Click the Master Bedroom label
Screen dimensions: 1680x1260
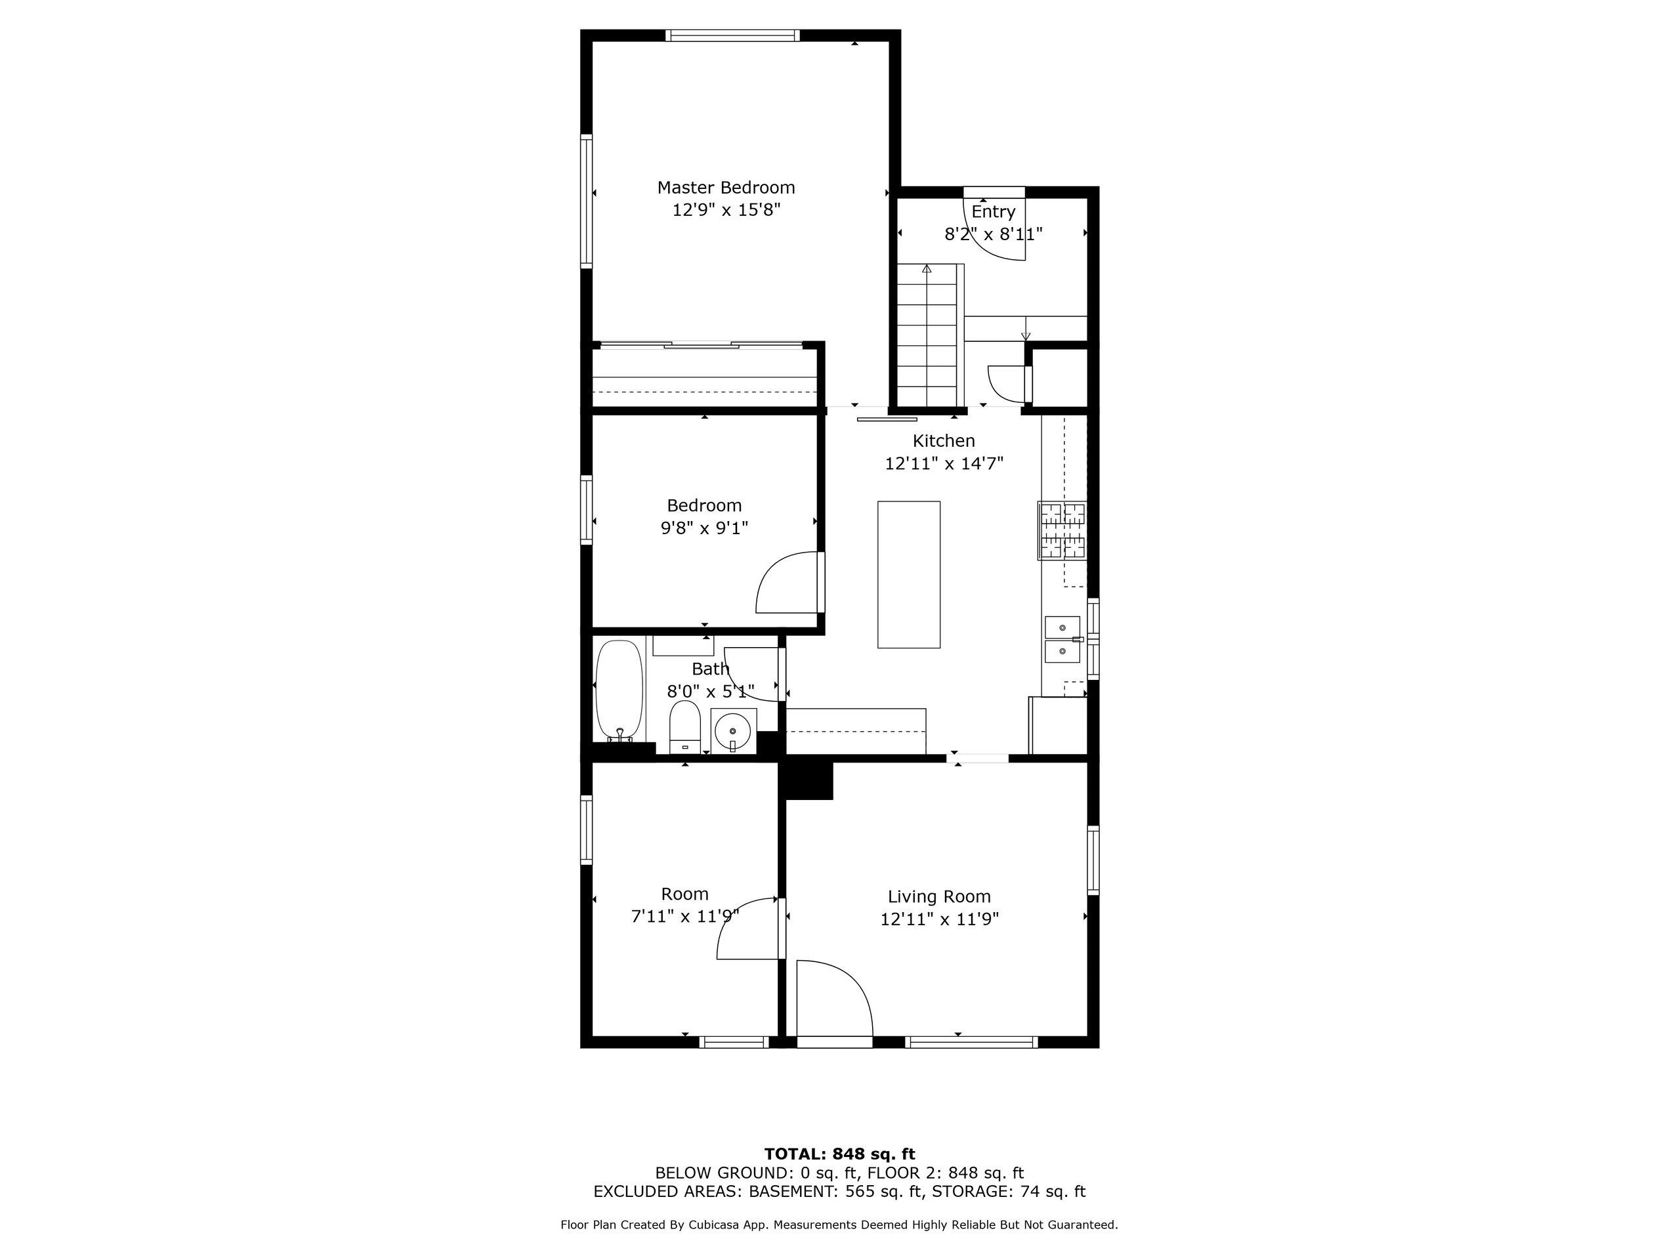tap(725, 188)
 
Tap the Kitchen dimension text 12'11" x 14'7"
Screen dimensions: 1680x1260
tap(944, 463)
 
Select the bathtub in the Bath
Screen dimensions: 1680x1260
tap(619, 690)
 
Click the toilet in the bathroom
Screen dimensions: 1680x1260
tap(685, 727)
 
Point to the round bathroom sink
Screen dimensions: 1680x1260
tap(734, 730)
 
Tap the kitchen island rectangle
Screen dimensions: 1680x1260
tap(909, 574)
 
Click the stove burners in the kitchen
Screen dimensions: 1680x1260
tap(1062, 531)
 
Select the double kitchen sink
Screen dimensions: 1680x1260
tap(1063, 639)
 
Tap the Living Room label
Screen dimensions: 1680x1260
tap(940, 897)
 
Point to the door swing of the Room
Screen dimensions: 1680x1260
tap(747, 928)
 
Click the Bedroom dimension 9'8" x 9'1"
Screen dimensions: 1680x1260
tap(705, 528)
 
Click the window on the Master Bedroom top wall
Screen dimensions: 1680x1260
tap(733, 35)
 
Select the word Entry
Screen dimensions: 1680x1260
tap(994, 212)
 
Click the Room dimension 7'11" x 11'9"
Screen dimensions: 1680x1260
tap(685, 917)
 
